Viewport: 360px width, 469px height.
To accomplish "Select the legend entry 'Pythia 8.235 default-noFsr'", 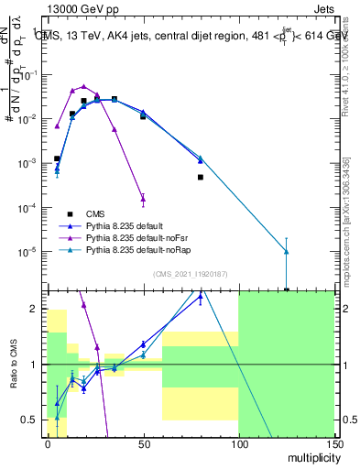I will click(147, 235).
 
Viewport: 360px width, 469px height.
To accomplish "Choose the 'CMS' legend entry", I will click(107, 212).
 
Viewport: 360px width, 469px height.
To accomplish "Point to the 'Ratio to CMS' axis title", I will click(14, 365).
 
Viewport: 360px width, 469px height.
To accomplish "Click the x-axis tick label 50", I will click(143, 442).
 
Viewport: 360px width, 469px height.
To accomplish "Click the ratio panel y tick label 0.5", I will click(30, 420).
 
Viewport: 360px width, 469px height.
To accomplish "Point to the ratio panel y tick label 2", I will click(35, 310).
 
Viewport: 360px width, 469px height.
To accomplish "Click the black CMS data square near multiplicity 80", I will click(200, 177).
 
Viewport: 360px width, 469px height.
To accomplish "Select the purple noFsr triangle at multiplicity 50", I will click(143, 197).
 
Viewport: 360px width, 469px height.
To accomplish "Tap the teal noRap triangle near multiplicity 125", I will click(286, 251).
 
